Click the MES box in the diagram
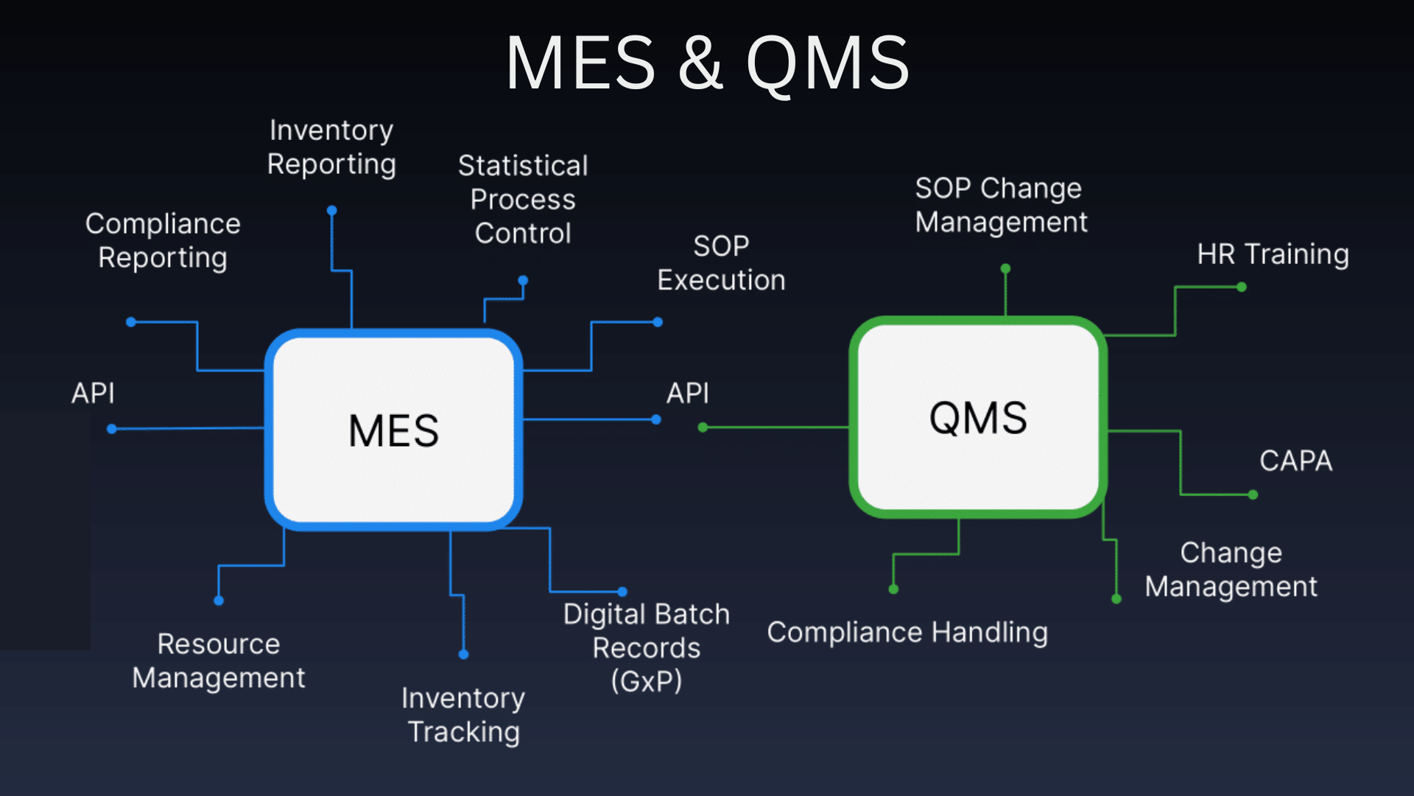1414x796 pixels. [393, 430]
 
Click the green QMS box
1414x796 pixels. [978, 417]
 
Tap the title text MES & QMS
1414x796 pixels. [707, 63]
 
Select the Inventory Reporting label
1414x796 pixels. [331, 147]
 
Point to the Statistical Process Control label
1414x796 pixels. [523, 199]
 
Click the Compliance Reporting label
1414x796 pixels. [163, 240]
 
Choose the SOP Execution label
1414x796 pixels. [721, 263]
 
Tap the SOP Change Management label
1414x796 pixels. [1000, 205]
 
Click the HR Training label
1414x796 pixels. [1273, 254]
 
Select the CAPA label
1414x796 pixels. [1295, 461]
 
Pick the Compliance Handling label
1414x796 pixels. [907, 632]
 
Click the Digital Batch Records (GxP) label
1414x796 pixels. [647, 647]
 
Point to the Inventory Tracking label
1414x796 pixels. [463, 715]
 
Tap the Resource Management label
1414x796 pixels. [219, 660]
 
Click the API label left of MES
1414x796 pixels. [93, 393]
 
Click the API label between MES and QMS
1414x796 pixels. [688, 393]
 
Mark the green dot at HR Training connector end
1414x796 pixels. [1242, 287]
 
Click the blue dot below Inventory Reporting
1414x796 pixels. [332, 211]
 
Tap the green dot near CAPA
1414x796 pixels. [1253, 495]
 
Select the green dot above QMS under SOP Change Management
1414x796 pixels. [1005, 269]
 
